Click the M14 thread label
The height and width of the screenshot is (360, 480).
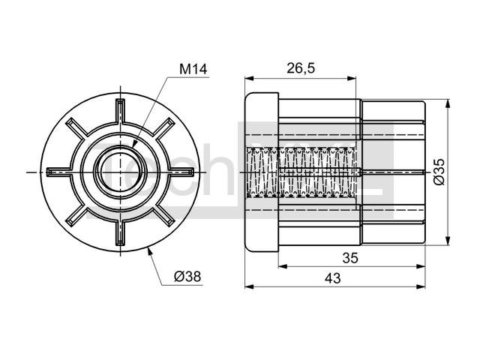pyautogui.click(x=193, y=69)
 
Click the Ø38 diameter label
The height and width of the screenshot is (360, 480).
pyautogui.click(x=187, y=277)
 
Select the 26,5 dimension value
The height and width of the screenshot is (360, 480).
pyautogui.click(x=301, y=68)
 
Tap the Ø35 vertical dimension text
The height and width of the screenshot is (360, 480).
pyautogui.click(x=439, y=172)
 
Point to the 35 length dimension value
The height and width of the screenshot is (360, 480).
pyautogui.click(x=350, y=258)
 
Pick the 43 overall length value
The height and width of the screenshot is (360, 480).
pyautogui.click(x=333, y=278)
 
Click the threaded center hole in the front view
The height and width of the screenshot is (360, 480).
pyautogui.click(x=120, y=172)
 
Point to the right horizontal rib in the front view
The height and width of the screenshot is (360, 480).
pyautogui.click(x=181, y=172)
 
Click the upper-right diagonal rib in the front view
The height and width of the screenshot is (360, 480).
pyautogui.click(x=163, y=129)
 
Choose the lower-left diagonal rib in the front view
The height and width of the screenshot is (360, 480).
pyautogui.click(x=76, y=216)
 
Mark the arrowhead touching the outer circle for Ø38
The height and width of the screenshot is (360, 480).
pyautogui.click(x=150, y=252)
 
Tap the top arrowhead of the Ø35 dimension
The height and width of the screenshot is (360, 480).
pyautogui.click(x=448, y=103)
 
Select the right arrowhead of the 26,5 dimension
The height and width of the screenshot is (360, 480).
pyautogui.click(x=352, y=79)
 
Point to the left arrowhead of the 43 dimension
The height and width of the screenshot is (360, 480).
pyautogui.click(x=250, y=286)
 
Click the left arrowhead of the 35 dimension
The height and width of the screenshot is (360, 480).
pyautogui.click(x=283, y=267)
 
